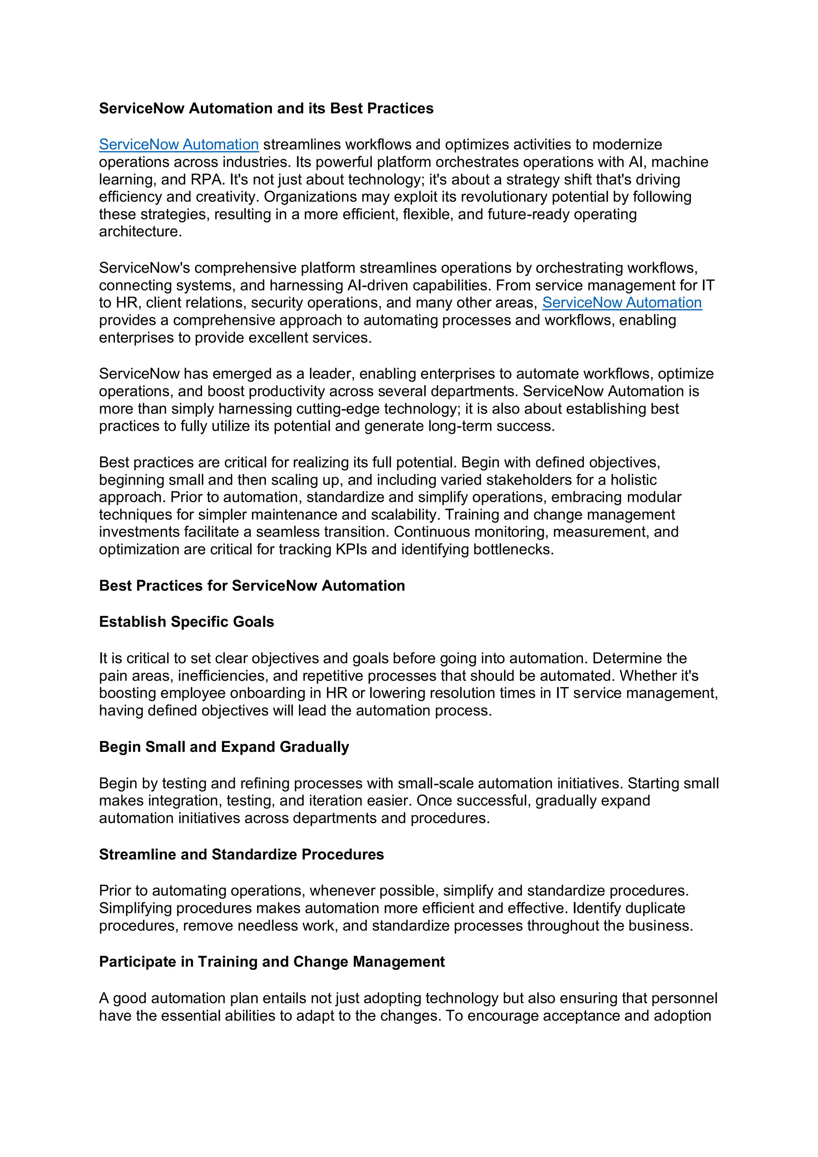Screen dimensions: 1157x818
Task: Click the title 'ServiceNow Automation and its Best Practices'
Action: pos(266,108)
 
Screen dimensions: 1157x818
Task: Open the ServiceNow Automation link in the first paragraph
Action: pos(179,145)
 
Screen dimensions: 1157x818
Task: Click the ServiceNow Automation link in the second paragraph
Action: pos(621,302)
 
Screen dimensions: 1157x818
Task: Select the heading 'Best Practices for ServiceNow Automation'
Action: pos(252,586)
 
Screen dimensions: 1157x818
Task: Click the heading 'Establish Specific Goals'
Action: pos(187,622)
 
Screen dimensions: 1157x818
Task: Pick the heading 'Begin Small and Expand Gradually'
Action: pos(224,747)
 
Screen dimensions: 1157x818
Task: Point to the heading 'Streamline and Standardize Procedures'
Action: pos(241,854)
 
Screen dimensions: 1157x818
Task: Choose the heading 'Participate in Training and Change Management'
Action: pos(272,962)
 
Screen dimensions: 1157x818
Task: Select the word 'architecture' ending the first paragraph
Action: pos(139,232)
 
